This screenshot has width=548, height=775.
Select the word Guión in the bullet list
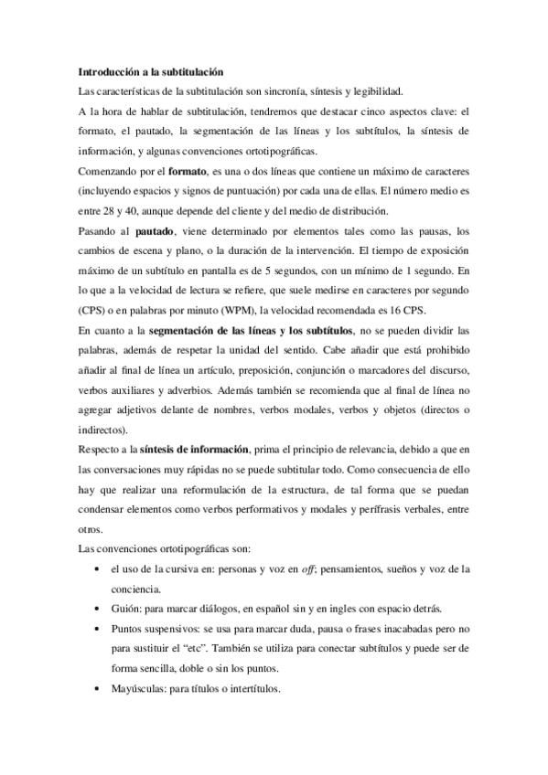[124, 608]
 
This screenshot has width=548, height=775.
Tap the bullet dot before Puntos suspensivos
[98, 629]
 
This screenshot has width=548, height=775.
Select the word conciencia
[134, 589]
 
